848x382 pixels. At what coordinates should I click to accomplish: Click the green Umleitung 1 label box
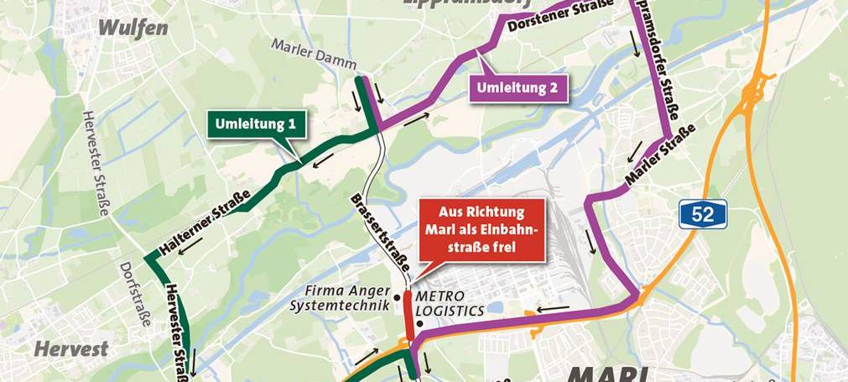[256, 124]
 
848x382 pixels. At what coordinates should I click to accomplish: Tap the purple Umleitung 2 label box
[517, 87]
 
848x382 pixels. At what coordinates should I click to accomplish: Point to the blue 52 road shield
[703, 214]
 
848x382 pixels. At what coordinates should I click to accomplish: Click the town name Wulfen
[133, 29]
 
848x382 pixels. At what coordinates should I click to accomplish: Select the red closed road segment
[408, 315]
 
